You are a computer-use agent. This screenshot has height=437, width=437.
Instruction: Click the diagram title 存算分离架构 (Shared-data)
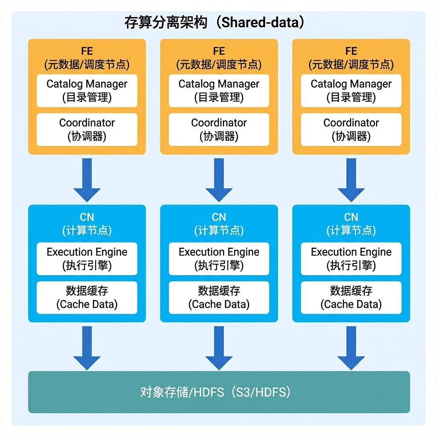pos(214,22)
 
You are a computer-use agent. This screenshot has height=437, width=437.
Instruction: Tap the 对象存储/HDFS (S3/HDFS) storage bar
pos(219,392)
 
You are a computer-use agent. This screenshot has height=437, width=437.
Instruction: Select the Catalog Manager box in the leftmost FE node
pos(87,90)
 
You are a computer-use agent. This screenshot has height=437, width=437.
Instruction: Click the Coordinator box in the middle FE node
pos(219,129)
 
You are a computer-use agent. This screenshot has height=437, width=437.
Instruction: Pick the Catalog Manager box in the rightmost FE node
pos(351,90)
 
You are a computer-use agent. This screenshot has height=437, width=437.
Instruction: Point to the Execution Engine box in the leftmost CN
pos(87,259)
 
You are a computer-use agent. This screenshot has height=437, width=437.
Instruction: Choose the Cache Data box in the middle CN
pos(219,297)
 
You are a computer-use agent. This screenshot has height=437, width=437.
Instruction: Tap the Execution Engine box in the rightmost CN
pos(351,259)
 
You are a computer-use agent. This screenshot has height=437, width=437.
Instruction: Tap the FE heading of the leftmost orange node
pos(87,51)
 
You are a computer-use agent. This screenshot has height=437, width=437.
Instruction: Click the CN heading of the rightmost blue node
pos(351,217)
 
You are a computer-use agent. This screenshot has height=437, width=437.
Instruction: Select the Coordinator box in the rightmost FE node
pos(351,129)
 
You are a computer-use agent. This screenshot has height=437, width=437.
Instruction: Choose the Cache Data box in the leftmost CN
pos(87,297)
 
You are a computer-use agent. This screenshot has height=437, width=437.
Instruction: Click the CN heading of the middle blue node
pos(219,217)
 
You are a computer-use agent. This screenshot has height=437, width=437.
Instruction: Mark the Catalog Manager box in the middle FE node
pos(219,90)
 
